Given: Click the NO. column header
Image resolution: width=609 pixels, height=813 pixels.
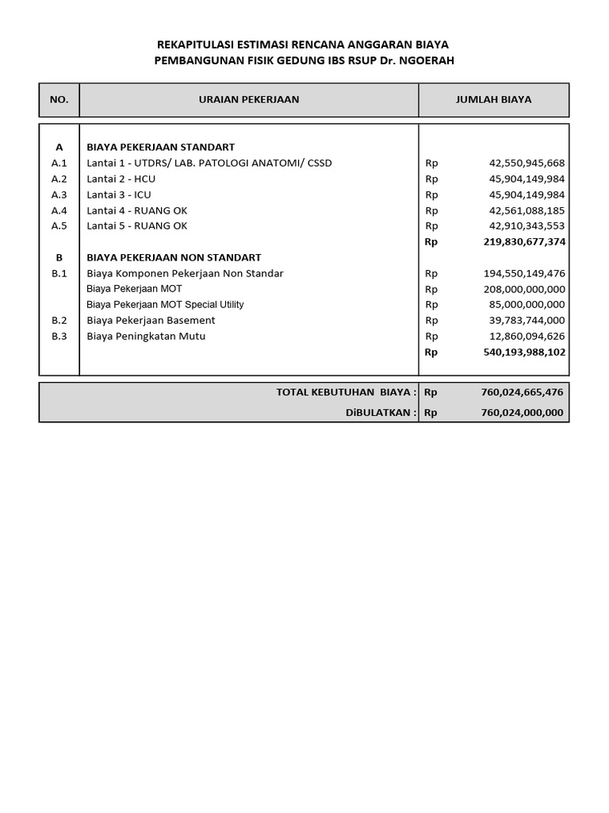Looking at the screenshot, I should [x=59, y=100].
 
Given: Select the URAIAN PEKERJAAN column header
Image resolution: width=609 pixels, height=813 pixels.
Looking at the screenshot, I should [x=248, y=100].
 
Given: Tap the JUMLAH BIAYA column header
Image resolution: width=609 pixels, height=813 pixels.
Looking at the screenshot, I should [x=493, y=100].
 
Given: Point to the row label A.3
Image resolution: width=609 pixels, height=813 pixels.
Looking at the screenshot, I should [x=59, y=195].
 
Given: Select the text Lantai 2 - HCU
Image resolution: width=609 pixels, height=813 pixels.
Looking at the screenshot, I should [x=121, y=179].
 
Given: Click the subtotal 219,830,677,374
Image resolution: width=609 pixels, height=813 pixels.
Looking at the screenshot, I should [x=523, y=241].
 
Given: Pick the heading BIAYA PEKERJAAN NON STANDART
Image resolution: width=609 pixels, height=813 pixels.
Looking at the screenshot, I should [x=174, y=257].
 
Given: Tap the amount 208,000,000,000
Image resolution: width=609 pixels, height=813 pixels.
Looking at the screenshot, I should [x=523, y=289].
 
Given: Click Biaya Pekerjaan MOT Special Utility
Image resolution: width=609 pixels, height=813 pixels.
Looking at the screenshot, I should [x=165, y=305].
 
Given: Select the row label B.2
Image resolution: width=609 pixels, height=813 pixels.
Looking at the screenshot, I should [x=59, y=320].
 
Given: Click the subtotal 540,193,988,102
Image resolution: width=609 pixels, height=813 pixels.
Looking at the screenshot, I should [x=523, y=352].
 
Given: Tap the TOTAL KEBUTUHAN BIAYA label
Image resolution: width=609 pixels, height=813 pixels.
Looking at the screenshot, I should [x=346, y=392].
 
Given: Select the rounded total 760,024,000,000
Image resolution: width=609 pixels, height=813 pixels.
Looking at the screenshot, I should [x=521, y=412].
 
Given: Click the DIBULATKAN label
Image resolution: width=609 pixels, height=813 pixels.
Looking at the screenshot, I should [x=380, y=412].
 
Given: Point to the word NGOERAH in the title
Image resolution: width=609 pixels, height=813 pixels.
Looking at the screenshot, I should [x=425, y=60].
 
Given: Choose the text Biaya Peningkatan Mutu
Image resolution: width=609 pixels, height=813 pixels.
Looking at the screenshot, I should [x=146, y=336].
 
